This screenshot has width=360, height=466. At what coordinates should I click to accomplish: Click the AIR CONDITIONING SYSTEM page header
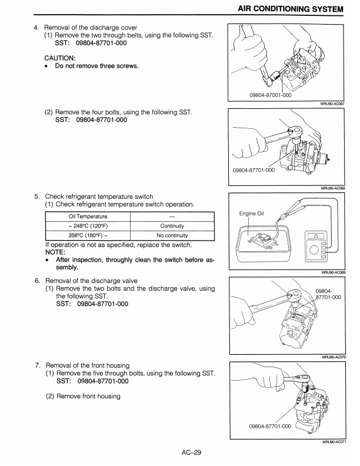pos(289,8)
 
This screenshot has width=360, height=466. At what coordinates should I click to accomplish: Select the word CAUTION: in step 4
pos(60,58)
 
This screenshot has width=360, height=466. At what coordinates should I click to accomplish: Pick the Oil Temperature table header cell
pos(87,217)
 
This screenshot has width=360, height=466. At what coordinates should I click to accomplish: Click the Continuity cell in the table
pos(172,226)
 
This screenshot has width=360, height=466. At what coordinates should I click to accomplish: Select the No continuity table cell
pos(172,235)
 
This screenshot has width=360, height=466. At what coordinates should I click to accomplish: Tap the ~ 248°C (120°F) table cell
pos(87,226)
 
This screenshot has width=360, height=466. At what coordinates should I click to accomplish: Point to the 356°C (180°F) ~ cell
pos(87,235)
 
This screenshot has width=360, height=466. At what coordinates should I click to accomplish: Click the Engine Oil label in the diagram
pos(254,214)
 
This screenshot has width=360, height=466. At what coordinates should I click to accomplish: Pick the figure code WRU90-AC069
pos(332,272)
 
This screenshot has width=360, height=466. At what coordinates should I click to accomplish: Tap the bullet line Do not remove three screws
pos(96,66)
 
